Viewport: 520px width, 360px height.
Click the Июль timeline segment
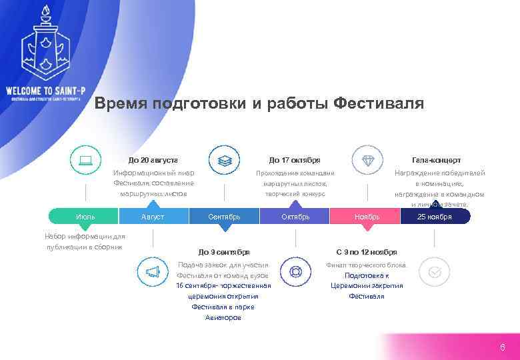coord(85,217)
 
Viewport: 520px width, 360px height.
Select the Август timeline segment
coord(153,217)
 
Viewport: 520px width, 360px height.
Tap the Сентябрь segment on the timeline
coord(224,217)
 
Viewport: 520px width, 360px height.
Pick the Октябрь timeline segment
coord(295,217)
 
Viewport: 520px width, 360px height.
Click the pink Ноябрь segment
coord(367,217)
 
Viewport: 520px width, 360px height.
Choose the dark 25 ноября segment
coord(435,217)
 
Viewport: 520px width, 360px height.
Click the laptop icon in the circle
coord(85,160)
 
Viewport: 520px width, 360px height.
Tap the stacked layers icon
coord(225,161)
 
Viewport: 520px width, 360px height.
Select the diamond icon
coord(368,161)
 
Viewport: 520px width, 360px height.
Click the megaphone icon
coord(153,271)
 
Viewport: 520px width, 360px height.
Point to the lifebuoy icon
coord(295,271)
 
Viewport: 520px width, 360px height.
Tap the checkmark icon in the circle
coord(435,272)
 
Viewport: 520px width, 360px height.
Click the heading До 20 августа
coord(153,160)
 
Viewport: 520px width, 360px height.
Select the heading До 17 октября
coord(295,160)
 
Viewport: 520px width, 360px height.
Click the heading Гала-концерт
coord(436,160)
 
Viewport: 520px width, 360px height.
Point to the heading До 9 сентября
coord(224,252)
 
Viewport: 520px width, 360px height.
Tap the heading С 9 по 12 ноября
coord(367,252)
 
